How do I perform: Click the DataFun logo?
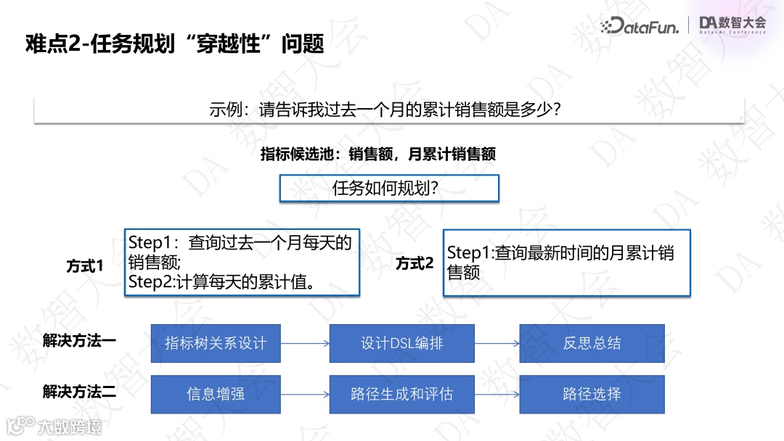(x=640, y=26)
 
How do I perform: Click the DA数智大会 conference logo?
(x=732, y=25)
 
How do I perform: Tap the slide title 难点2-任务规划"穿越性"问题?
(x=174, y=44)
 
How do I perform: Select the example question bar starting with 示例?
(x=389, y=110)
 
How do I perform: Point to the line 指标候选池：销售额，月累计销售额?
(x=378, y=154)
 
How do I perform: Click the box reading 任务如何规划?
(x=389, y=188)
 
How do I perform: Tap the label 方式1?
(x=85, y=266)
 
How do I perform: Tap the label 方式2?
(x=415, y=263)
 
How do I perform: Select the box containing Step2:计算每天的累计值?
(x=242, y=262)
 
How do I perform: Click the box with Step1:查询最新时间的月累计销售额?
(x=566, y=263)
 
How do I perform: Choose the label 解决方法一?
(x=79, y=341)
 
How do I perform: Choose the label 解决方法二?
(x=79, y=392)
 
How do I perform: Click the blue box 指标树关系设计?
(x=216, y=343)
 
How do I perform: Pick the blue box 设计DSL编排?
(x=401, y=343)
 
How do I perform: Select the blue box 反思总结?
(x=592, y=343)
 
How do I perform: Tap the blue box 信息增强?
(x=216, y=395)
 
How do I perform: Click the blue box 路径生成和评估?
(x=401, y=395)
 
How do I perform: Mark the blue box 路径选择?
(x=592, y=395)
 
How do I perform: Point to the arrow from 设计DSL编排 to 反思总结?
(x=497, y=343)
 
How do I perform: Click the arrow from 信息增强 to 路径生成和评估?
(x=305, y=395)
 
